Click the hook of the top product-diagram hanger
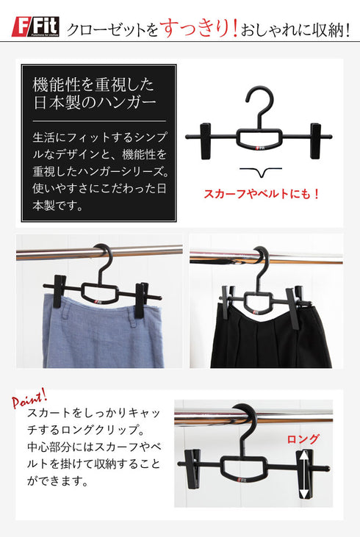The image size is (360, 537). pos(259,101)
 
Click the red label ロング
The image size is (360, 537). pos(303,439)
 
